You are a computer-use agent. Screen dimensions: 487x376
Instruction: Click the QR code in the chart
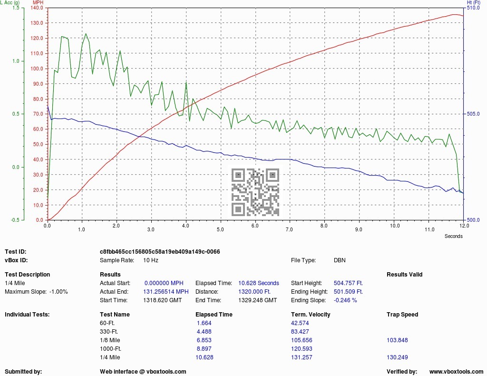coord(255,192)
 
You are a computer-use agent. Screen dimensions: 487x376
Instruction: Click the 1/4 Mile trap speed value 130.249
coord(397,357)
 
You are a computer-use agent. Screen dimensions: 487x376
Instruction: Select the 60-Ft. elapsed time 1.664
coord(204,323)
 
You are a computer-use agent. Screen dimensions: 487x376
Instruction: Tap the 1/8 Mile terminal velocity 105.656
coord(302,340)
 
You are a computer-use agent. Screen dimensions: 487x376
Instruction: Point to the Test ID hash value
coord(160,252)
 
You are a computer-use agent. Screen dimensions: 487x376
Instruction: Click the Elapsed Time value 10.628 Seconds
coord(259,283)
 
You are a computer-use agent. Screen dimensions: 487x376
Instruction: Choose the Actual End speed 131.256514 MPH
coord(166,292)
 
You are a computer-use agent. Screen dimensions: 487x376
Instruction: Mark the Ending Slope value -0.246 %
coord(345,300)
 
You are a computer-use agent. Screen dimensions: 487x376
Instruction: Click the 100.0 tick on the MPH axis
coord(37,69)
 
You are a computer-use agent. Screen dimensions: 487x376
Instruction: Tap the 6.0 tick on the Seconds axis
coord(255,226)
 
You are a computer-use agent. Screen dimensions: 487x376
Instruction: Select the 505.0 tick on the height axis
coord(473,114)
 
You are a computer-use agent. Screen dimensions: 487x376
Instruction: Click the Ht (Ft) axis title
coord(474,2)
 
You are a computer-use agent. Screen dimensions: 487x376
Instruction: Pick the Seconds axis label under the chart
coord(453,236)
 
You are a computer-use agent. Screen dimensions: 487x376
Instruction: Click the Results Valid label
coord(404,275)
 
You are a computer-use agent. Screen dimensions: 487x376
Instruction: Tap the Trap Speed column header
coord(402,315)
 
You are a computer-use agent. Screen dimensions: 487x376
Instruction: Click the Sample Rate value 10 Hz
coord(151,260)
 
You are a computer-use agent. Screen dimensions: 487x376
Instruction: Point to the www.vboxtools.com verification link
coord(456,372)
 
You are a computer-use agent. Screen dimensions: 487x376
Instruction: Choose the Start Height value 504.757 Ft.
coord(348,283)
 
